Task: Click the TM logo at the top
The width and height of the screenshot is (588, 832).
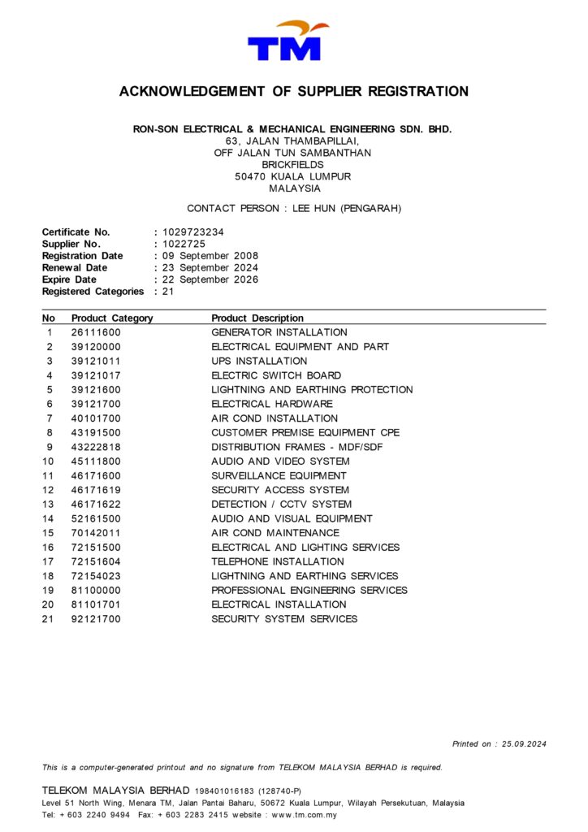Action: coord(289,42)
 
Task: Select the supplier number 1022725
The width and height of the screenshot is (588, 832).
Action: coord(183,244)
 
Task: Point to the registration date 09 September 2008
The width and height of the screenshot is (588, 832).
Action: coord(210,256)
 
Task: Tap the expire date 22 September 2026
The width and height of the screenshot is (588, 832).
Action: coord(210,279)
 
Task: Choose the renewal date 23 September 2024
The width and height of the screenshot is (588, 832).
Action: coord(210,267)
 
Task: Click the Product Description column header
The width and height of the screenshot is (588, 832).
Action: coord(257,318)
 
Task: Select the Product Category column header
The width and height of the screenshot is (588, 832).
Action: coord(112,318)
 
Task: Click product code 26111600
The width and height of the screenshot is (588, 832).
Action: coord(96,332)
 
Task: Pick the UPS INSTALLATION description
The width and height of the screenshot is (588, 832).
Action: coord(259,361)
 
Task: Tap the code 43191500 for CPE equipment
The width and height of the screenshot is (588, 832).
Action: coord(96,433)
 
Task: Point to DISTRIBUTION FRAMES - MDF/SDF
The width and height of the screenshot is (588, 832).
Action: coord(296,447)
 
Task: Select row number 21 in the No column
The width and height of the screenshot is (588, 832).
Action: coord(49,619)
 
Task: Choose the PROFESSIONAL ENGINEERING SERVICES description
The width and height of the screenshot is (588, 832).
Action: coord(309,591)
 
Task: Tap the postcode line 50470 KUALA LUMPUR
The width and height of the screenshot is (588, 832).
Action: coord(293,176)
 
